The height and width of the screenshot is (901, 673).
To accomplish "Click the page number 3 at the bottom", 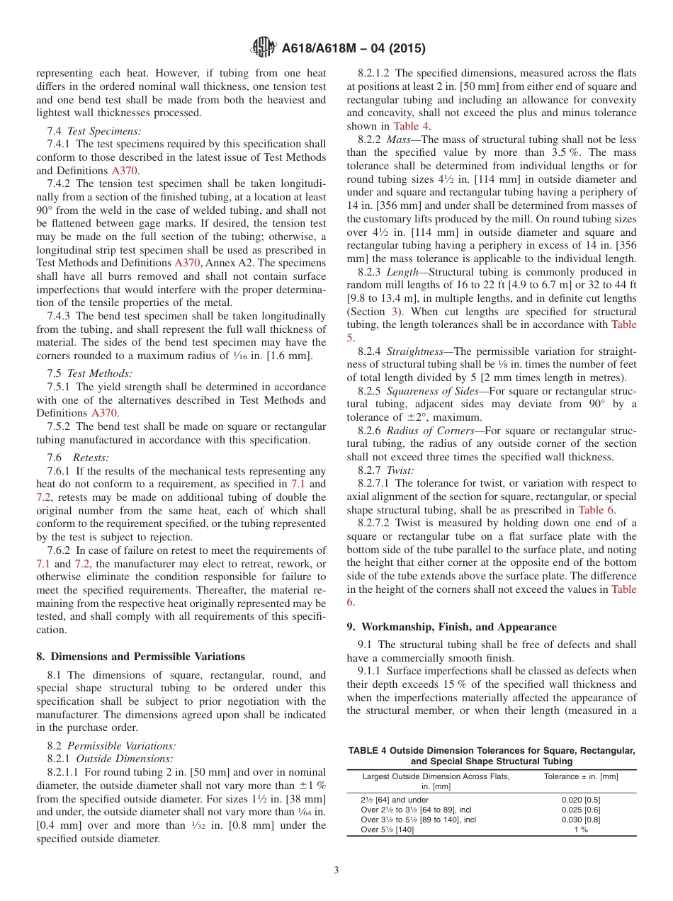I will pyautogui.click(x=336, y=870).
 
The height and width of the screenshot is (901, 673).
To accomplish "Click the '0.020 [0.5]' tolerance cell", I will pyautogui.click(x=580, y=800).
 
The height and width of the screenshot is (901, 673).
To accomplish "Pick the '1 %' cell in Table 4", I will pyautogui.click(x=580, y=829).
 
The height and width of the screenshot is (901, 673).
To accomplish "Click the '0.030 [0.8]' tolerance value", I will pyautogui.click(x=580, y=820).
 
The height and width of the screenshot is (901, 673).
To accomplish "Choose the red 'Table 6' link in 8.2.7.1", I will pyautogui.click(x=596, y=510).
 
